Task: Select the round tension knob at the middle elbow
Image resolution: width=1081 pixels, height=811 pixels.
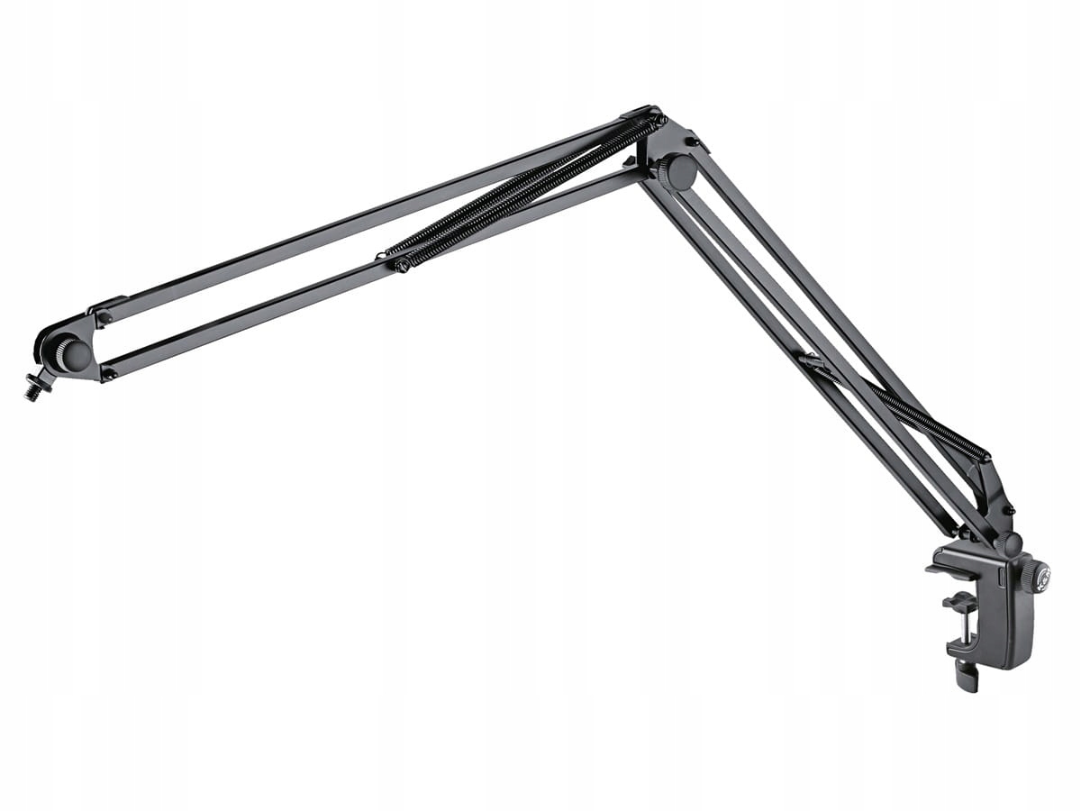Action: tap(677, 173)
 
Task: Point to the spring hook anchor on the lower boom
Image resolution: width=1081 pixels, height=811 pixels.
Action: tap(811, 360)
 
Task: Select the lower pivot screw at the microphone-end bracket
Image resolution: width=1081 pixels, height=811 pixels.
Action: tap(108, 372)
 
